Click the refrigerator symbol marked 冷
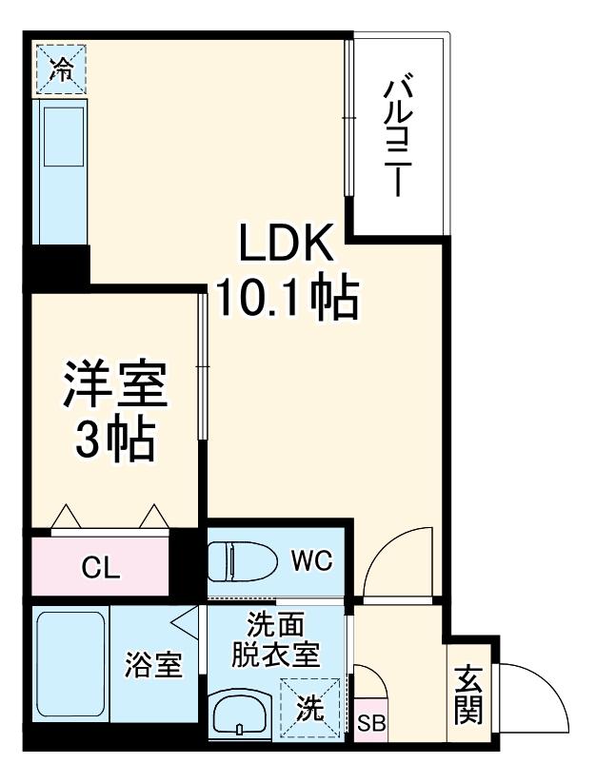click(x=61, y=68)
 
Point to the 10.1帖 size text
click(x=288, y=298)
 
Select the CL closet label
click(x=100, y=569)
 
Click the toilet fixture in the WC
click(x=241, y=561)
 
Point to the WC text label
click(x=310, y=561)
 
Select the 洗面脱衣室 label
click(x=277, y=639)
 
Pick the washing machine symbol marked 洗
click(x=308, y=708)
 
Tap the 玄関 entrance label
click(x=467, y=694)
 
